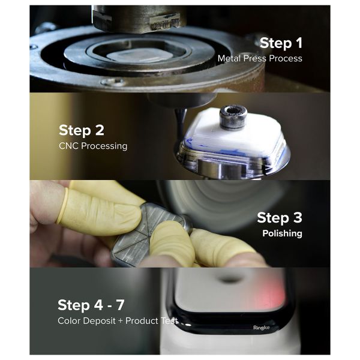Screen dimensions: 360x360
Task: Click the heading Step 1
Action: point(281,43)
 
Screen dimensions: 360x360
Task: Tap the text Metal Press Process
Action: point(259,59)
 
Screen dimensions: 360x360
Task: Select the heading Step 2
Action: point(81,130)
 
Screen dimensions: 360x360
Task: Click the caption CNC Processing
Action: point(92,146)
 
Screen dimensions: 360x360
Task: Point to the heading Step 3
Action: point(280,217)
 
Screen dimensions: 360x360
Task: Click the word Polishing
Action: point(281,233)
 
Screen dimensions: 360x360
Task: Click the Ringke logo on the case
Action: point(262,328)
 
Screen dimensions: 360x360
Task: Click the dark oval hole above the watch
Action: point(232,278)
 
